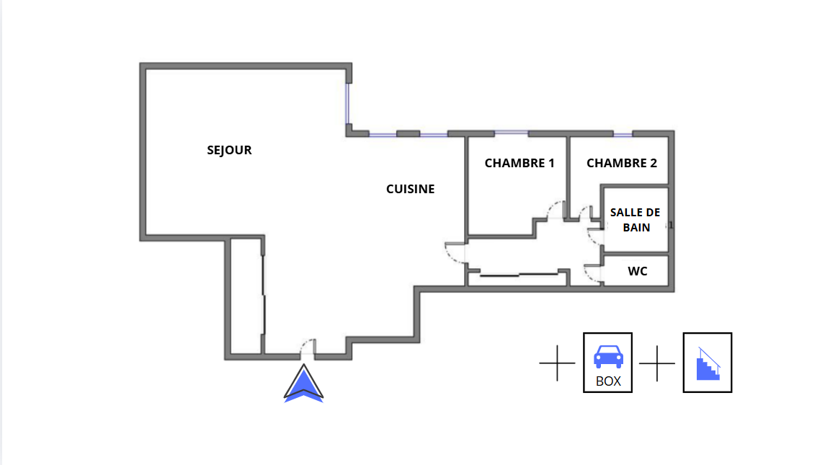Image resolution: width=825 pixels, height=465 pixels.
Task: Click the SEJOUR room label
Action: click(x=229, y=150)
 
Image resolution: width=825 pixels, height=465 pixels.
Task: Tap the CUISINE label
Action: click(x=411, y=189)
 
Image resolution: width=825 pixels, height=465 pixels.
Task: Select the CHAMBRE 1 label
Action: click(x=519, y=163)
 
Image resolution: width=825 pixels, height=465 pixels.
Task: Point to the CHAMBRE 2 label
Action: click(x=622, y=163)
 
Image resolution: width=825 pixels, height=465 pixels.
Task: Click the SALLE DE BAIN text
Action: click(x=636, y=220)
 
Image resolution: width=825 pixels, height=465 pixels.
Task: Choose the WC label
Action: click(x=638, y=271)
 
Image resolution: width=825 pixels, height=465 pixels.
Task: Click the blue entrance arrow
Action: click(x=303, y=384)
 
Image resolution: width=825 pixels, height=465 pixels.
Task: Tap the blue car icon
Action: click(x=608, y=357)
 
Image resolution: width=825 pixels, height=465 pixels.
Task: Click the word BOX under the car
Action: click(x=608, y=381)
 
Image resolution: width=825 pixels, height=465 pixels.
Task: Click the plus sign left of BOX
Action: click(x=557, y=363)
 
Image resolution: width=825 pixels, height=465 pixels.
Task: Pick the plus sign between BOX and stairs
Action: click(x=657, y=363)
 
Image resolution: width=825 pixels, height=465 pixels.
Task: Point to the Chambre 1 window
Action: click(x=512, y=133)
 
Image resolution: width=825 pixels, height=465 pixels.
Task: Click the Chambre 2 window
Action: click(x=623, y=135)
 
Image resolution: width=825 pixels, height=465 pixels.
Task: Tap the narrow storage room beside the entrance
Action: click(x=246, y=296)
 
